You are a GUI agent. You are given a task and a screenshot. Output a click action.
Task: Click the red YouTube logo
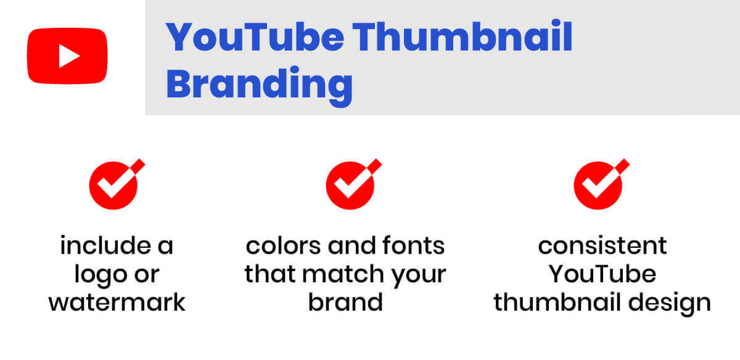tap(67, 55)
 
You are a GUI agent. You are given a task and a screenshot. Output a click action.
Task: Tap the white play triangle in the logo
tap(68, 56)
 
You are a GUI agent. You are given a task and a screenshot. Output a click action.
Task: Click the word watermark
tap(117, 302)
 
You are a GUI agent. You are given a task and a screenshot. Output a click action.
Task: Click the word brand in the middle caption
tap(345, 302)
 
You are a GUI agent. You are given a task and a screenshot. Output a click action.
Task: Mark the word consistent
tap(602, 246)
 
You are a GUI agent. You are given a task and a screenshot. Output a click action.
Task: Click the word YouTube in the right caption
tap(602, 274)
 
